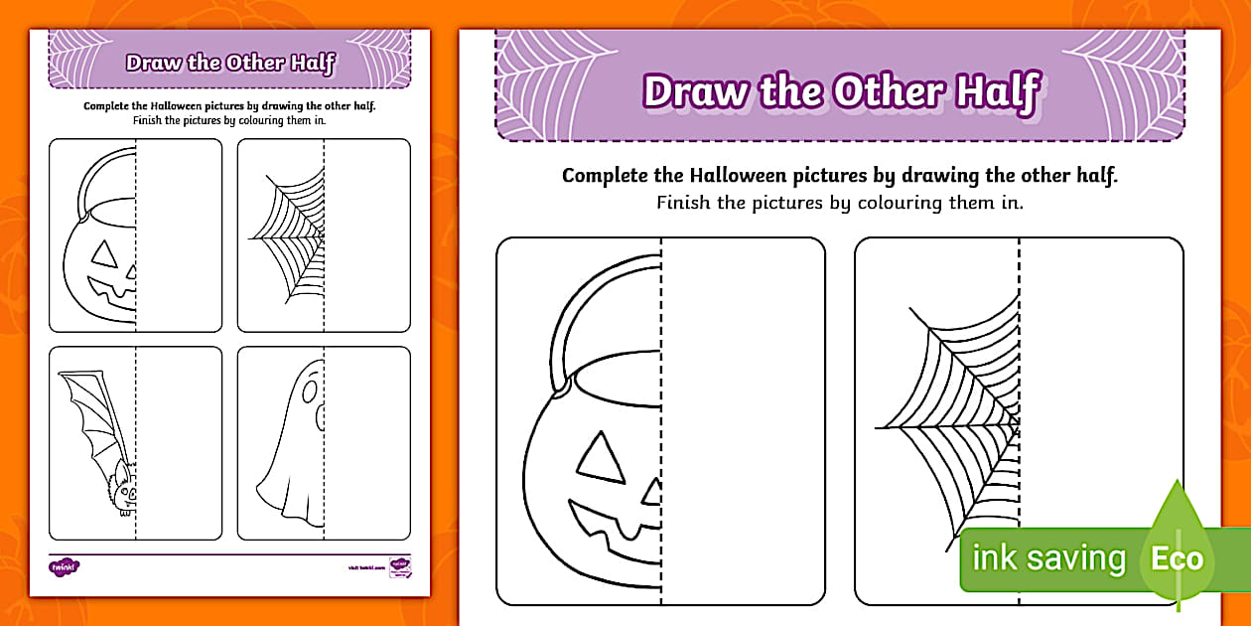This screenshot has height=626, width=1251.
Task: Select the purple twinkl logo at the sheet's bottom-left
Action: coord(64,566)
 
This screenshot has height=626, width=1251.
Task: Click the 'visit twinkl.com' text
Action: coord(366,567)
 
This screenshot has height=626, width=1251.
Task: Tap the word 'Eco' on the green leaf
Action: coord(1177,558)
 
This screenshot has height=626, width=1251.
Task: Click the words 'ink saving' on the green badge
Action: coord(1048,558)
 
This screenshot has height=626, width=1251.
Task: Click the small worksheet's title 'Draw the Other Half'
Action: coord(230,64)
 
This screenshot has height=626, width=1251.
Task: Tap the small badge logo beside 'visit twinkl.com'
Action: coord(400,566)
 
